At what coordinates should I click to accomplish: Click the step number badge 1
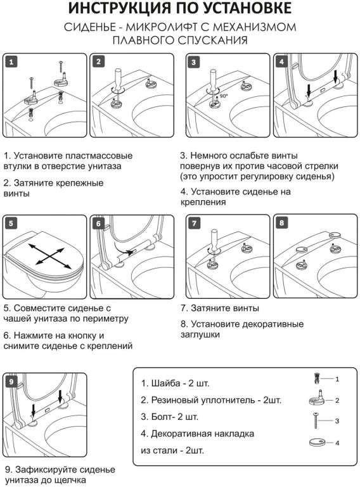tap(11, 62)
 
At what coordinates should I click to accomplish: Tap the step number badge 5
tap(11, 223)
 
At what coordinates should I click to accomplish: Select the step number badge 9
tap(11, 381)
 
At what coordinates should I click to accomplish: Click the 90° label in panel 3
tap(224, 96)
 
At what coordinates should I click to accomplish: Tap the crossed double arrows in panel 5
tap(49, 256)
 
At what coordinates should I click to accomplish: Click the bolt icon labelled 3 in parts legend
tap(316, 421)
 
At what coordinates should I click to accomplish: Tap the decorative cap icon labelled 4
tap(317, 442)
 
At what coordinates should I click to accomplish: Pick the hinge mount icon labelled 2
tap(317, 398)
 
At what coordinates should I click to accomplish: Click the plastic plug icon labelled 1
tap(316, 379)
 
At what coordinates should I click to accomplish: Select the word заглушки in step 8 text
tap(200, 335)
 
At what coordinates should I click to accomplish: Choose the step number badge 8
tap(281, 223)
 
